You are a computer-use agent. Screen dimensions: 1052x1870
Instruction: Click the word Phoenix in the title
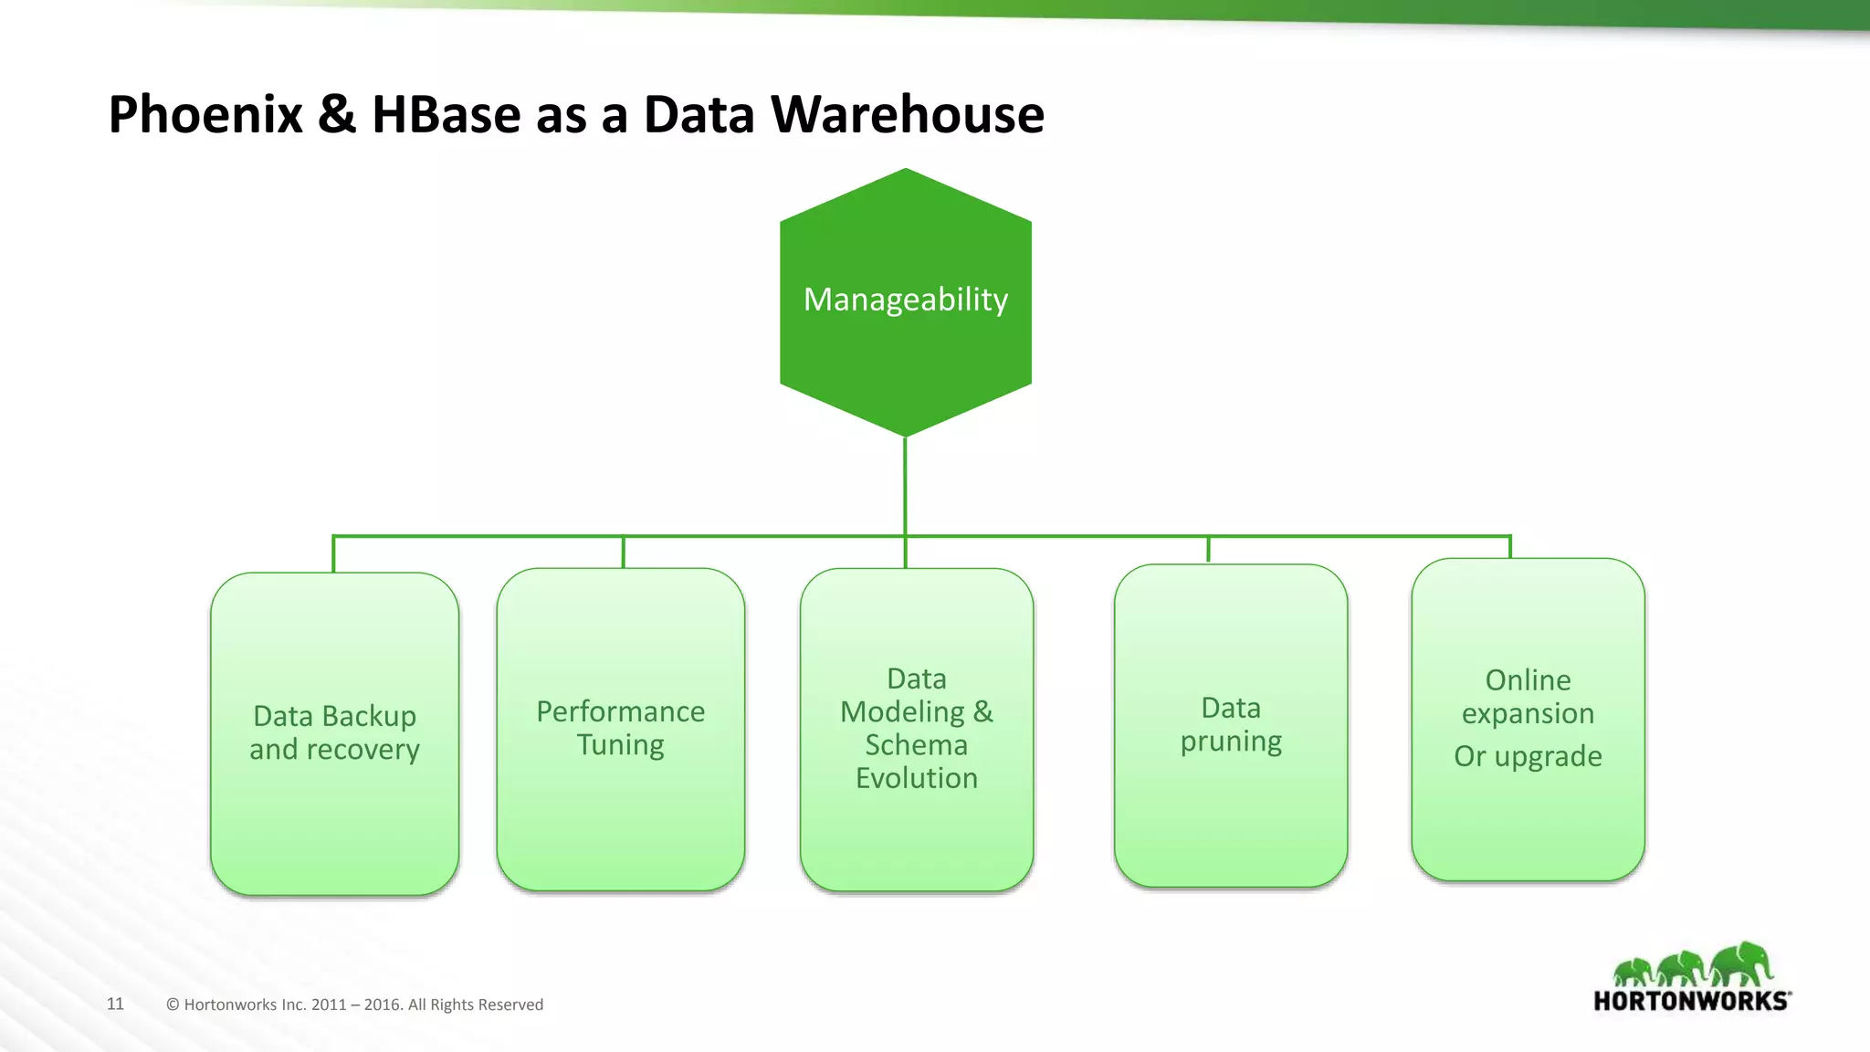(205, 115)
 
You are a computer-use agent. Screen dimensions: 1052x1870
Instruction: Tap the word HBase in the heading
(446, 115)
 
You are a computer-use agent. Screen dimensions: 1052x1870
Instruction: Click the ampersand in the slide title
(337, 115)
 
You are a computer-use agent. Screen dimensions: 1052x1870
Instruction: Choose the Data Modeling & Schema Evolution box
(916, 840)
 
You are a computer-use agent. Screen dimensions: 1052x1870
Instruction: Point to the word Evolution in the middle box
(916, 778)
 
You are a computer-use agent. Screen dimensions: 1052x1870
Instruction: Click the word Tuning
(620, 745)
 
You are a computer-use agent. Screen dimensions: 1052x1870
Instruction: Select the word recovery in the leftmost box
(363, 750)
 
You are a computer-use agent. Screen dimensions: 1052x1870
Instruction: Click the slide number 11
(115, 1004)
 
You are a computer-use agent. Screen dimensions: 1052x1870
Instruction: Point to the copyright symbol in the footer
(173, 1005)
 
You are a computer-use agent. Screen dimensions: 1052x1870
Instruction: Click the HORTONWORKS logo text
(1690, 1001)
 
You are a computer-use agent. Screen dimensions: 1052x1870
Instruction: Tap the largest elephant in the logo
(1742, 963)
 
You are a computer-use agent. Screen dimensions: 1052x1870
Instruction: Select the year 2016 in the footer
(383, 1005)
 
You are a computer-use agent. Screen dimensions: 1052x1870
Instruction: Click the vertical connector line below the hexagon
(905, 484)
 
